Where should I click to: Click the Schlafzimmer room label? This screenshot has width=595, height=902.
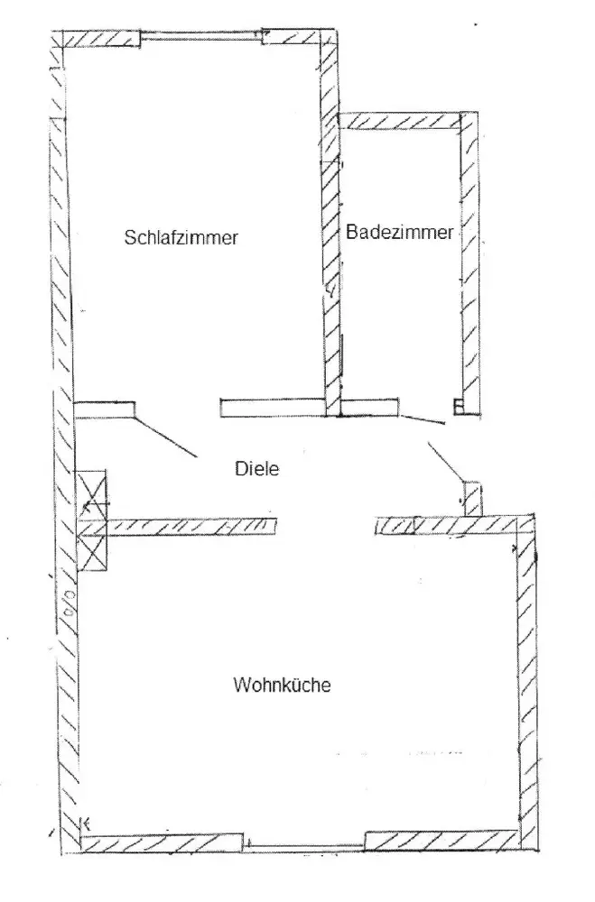pyautogui.click(x=181, y=238)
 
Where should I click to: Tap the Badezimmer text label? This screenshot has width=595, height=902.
pyautogui.click(x=399, y=232)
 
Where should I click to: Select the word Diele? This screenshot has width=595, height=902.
pyautogui.click(x=254, y=468)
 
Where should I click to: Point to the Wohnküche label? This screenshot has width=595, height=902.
pyautogui.click(x=283, y=685)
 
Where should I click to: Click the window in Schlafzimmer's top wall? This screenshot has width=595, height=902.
pyautogui.click(x=201, y=39)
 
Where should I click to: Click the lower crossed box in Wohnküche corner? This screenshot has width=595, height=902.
pyautogui.click(x=93, y=547)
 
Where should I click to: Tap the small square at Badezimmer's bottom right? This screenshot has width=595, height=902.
pyautogui.click(x=459, y=406)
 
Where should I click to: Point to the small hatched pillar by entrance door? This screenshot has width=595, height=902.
pyautogui.click(x=472, y=498)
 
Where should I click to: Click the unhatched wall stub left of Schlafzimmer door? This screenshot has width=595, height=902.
pyautogui.click(x=105, y=410)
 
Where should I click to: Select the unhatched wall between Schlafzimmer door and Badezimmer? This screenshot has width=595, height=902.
pyautogui.click(x=274, y=409)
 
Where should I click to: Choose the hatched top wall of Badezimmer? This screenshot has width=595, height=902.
pyautogui.click(x=402, y=121)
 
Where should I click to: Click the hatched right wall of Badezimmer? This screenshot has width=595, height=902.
pyautogui.click(x=469, y=262)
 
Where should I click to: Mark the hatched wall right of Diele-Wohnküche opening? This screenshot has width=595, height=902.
pyautogui.click(x=451, y=524)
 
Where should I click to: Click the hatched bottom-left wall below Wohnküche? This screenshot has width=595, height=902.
pyautogui.click(x=163, y=842)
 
